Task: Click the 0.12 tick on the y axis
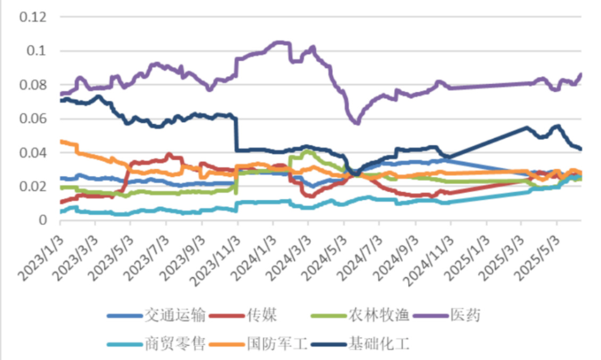(33, 18)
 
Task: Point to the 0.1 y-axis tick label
(37, 52)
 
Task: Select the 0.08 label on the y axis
(33, 85)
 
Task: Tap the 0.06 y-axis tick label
(33, 119)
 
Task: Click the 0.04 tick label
(33, 153)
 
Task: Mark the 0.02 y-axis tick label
(33, 186)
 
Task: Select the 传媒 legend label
(261, 315)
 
